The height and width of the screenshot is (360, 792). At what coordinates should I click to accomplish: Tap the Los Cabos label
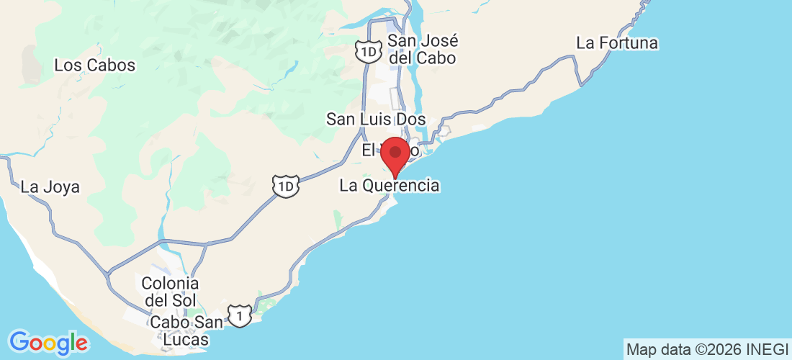coord(95,65)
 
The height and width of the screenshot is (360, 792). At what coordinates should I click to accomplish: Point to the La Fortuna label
coord(617,43)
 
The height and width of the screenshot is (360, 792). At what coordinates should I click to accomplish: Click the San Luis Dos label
coord(376,119)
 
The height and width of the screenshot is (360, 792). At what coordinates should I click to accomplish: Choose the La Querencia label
coord(390,186)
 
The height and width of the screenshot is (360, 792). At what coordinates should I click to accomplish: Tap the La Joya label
coord(50,187)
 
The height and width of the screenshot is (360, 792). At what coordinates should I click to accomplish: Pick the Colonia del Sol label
coord(170,290)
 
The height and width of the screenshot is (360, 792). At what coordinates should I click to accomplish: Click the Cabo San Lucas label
coord(179,330)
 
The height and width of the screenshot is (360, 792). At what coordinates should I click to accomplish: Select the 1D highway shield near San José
coord(367,51)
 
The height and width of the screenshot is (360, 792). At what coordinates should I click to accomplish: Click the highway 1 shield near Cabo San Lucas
coord(240,315)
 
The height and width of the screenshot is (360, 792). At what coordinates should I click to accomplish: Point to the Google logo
coord(48,342)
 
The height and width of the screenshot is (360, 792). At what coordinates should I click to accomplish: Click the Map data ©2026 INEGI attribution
coord(707,350)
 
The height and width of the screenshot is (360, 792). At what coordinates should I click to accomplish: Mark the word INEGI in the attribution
coord(768,350)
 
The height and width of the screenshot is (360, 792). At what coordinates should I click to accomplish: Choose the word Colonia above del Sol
coord(170,282)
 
